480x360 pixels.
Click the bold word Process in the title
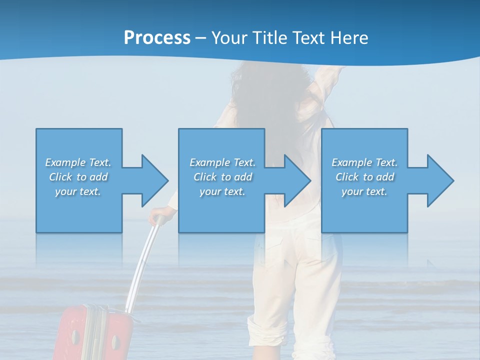pyautogui.click(x=157, y=38)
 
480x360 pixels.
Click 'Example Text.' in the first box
pyautogui.click(x=78, y=162)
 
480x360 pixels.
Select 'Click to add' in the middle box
pyautogui.click(x=222, y=177)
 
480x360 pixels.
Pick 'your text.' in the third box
pyautogui.click(x=364, y=191)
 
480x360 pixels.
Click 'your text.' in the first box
pyautogui.click(x=78, y=191)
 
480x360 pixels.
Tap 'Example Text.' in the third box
pyautogui.click(x=364, y=162)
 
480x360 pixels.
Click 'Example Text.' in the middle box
pyautogui.click(x=222, y=162)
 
